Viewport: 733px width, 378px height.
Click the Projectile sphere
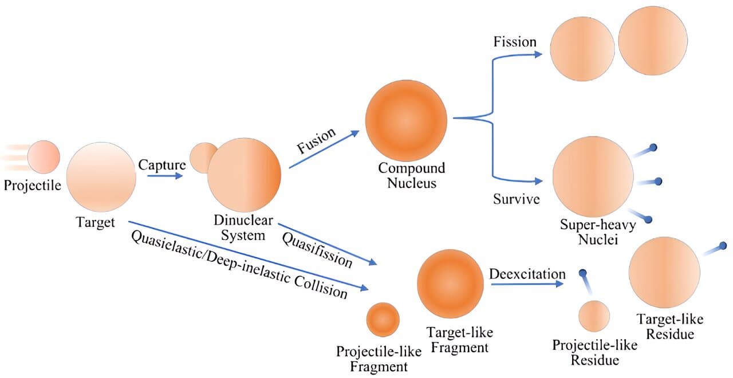[x=44, y=156]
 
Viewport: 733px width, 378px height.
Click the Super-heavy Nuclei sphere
[x=593, y=176]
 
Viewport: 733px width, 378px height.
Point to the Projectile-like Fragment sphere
[x=383, y=319]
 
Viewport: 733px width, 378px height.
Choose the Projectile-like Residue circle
[x=594, y=316]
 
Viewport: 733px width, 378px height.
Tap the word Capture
[x=162, y=164]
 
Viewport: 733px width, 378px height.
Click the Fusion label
[x=316, y=140]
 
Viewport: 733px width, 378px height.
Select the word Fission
[x=515, y=42]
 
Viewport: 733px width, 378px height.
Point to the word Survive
[x=517, y=199]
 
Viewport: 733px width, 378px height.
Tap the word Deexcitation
[x=527, y=274]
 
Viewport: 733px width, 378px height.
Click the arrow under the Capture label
[x=165, y=177]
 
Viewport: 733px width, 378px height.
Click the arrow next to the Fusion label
[x=324, y=149]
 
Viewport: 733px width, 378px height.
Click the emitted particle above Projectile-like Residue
[x=583, y=274]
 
